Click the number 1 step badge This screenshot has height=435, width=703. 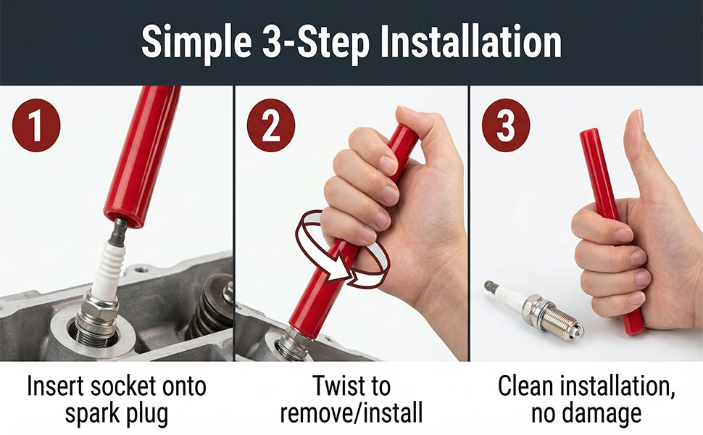(36, 125)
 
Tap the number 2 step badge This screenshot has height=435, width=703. (271, 125)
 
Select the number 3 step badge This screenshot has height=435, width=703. (506, 125)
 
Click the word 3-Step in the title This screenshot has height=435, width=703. (316, 43)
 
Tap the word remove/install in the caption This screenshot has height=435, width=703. (351, 413)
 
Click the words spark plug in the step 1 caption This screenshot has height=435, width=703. (117, 413)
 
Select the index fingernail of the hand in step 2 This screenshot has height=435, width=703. (388, 165)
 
